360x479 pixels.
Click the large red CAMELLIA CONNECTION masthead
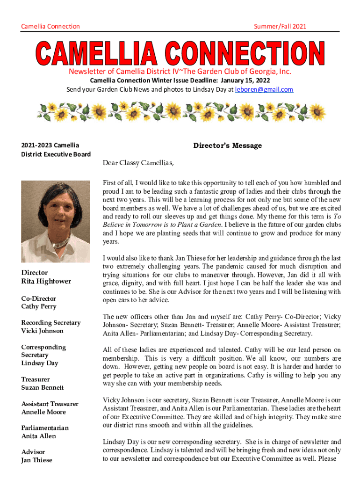pyautogui.click(x=180, y=53)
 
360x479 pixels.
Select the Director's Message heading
pyautogui.click(x=228, y=145)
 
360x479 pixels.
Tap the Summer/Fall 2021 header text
pyautogui.click(x=280, y=26)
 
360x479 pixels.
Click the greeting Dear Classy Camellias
pyautogui.click(x=138, y=163)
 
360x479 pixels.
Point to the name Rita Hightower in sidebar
pyautogui.click(x=46, y=281)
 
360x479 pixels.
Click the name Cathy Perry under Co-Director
pyautogui.click(x=39, y=306)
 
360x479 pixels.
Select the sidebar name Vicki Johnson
pyautogui.click(x=42, y=331)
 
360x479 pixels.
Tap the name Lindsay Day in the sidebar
pyautogui.click(x=40, y=363)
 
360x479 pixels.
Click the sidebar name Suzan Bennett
pyautogui.click(x=43, y=387)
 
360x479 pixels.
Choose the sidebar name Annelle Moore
pyautogui.click(x=43, y=412)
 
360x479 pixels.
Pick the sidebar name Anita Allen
pyautogui.click(x=38, y=436)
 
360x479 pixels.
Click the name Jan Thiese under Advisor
pyautogui.click(x=36, y=460)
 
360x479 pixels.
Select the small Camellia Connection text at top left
pyautogui.click(x=50, y=26)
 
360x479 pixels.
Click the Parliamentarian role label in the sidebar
pyautogui.click(x=45, y=428)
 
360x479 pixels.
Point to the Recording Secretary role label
pyautogui.click(x=51, y=322)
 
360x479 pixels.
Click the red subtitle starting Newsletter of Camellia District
pyautogui.click(x=180, y=72)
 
